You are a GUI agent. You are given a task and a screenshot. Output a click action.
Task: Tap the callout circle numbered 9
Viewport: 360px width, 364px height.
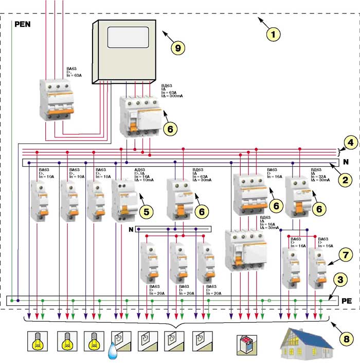(177, 47)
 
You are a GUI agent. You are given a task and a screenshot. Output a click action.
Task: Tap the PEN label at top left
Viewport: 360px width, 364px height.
(24, 24)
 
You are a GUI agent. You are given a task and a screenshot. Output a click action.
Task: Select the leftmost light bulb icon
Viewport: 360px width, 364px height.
(38, 341)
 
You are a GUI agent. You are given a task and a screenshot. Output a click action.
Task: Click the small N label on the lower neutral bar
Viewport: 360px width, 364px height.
(131, 229)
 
